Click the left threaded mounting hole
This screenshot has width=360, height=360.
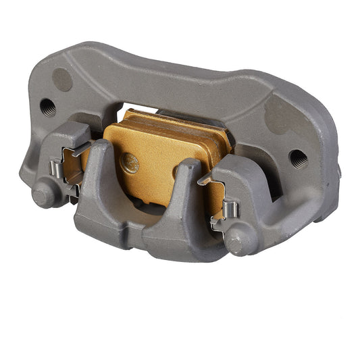point(48,107)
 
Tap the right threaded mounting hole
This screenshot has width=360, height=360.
point(298,159)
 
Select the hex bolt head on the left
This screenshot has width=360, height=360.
point(43,195)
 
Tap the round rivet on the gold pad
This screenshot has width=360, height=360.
point(129,163)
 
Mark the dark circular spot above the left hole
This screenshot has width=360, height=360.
point(62,79)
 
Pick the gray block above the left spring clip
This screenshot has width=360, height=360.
point(71,135)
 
